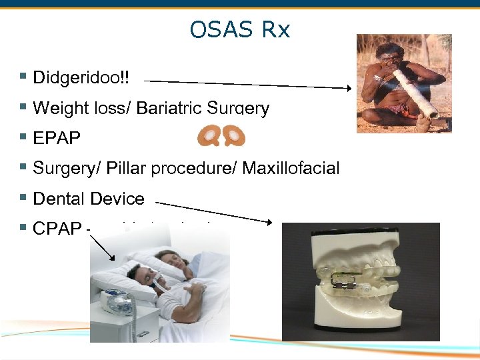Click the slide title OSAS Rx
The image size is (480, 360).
pyautogui.click(x=239, y=30)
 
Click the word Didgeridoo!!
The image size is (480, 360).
pyautogui.click(x=81, y=77)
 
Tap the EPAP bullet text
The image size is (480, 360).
pyautogui.click(x=57, y=139)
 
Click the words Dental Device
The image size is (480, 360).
pyautogui.click(x=88, y=199)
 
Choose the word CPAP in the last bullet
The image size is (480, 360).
pyautogui.click(x=57, y=229)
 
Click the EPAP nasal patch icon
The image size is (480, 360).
pyautogui.click(x=221, y=136)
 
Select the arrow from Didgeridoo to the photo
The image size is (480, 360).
pyautogui.click(x=247, y=84)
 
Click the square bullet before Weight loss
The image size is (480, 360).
pyautogui.click(x=23, y=107)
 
